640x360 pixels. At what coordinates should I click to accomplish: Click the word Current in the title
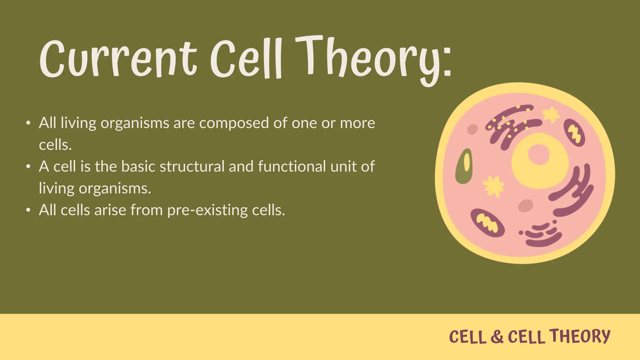pos(118,59)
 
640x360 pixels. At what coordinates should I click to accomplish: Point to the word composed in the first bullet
pos(234,123)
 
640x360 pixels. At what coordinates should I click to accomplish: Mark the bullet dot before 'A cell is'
pos(28,167)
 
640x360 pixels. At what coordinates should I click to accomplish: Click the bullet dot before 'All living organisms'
pos(28,123)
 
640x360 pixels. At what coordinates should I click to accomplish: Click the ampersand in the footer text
pos(497,337)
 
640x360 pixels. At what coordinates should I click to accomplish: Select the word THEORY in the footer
pos(580,336)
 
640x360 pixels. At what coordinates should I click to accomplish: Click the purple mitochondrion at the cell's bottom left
pos(487,223)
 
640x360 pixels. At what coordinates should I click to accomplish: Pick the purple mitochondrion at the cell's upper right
pos(574,132)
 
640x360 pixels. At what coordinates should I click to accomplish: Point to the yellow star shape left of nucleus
pos(494,186)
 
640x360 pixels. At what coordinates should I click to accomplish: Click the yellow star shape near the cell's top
pos(551,115)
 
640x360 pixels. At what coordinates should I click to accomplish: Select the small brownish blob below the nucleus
pos(526,205)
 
